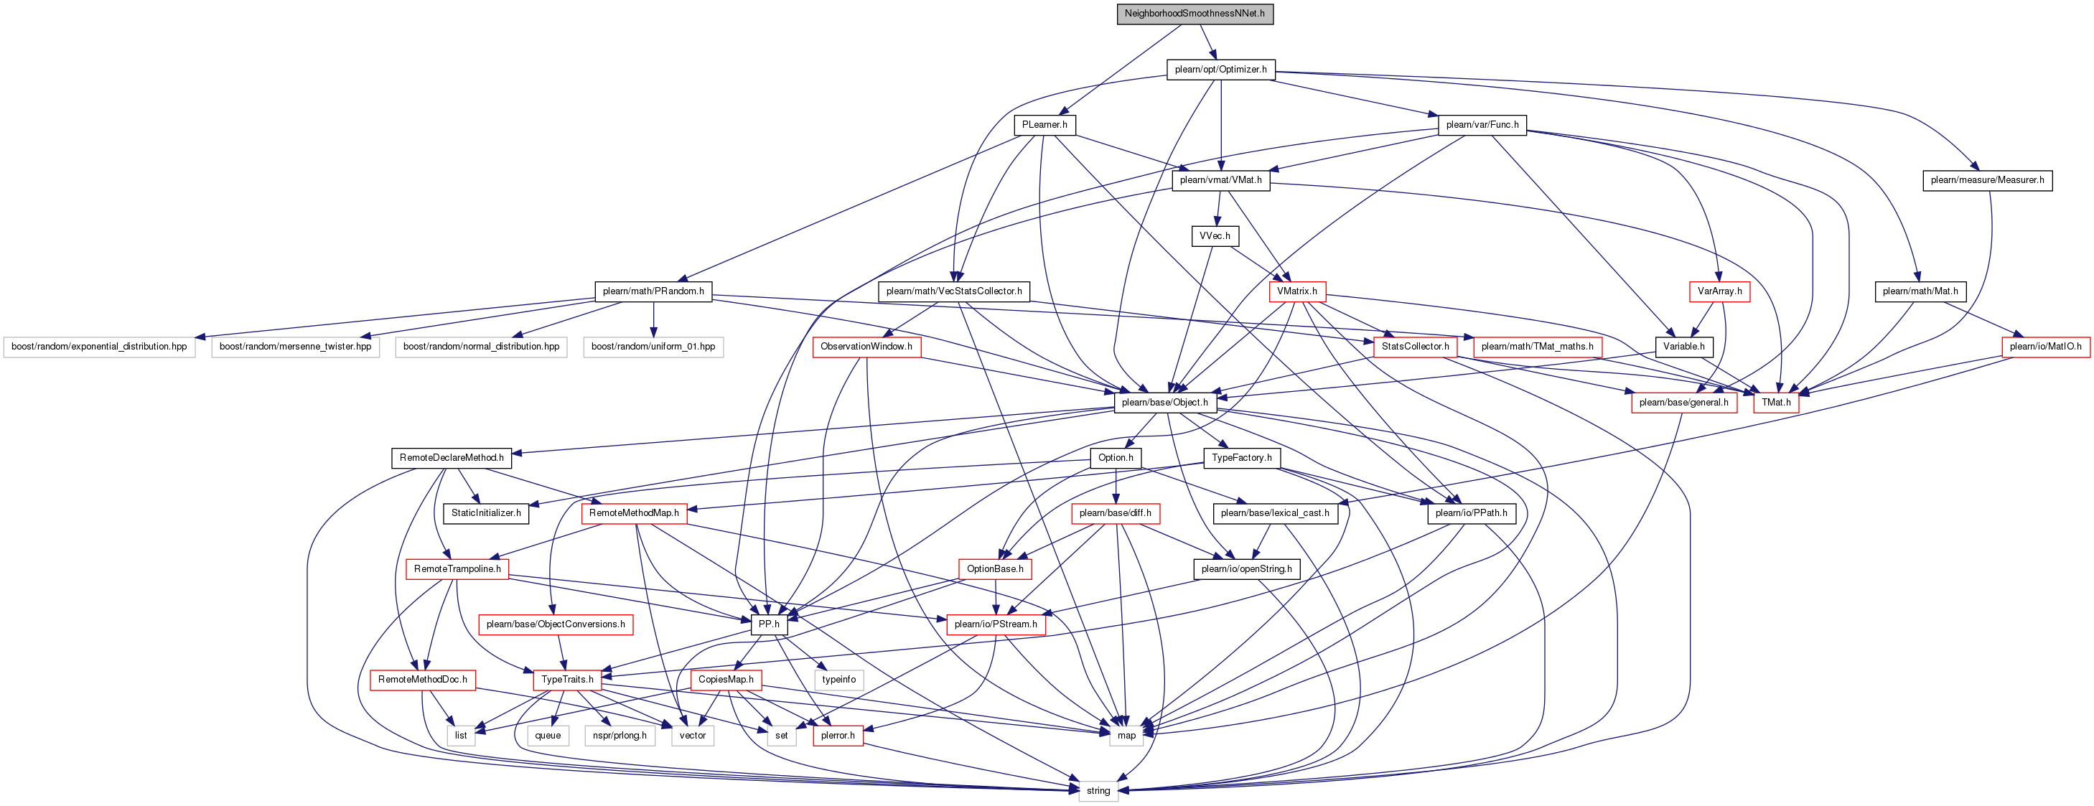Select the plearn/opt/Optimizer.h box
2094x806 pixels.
(x=1220, y=70)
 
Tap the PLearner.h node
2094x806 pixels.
(x=1044, y=125)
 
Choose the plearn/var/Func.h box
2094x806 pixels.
(x=1482, y=125)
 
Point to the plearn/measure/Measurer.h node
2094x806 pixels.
(x=1987, y=180)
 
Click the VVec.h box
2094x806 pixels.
(x=1215, y=236)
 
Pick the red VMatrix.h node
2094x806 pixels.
(x=1296, y=291)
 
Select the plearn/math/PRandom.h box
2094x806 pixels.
(x=653, y=291)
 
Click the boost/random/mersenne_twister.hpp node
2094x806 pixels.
(x=295, y=347)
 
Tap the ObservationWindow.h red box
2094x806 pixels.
(x=866, y=347)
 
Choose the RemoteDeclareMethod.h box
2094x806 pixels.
(x=451, y=458)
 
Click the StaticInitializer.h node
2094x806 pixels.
(x=486, y=513)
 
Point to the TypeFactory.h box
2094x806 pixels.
(x=1241, y=458)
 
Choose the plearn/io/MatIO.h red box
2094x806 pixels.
(x=2045, y=347)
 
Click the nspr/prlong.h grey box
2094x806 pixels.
(x=620, y=736)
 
